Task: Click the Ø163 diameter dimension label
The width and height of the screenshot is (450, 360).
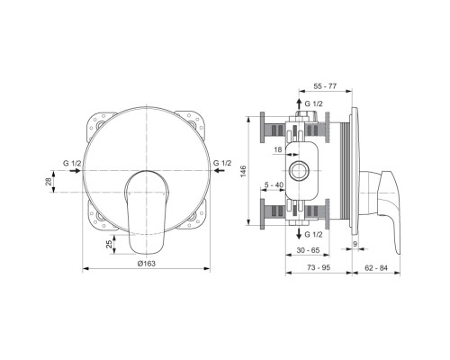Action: [147, 262]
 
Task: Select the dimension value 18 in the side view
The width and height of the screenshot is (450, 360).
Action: [278, 151]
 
